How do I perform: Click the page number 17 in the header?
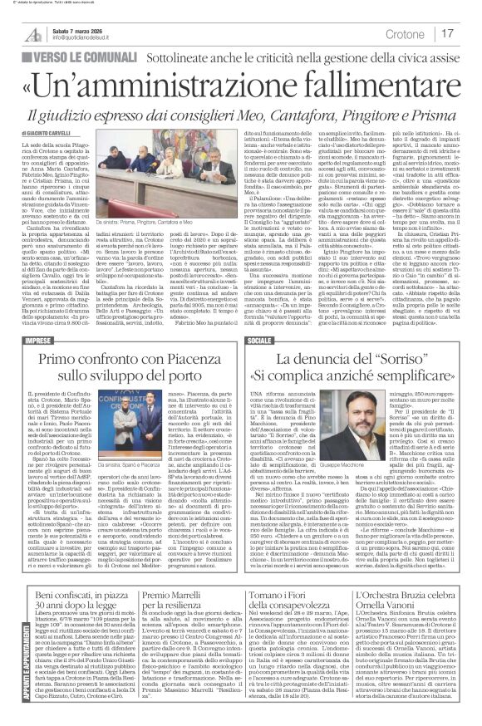(x=446, y=33)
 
